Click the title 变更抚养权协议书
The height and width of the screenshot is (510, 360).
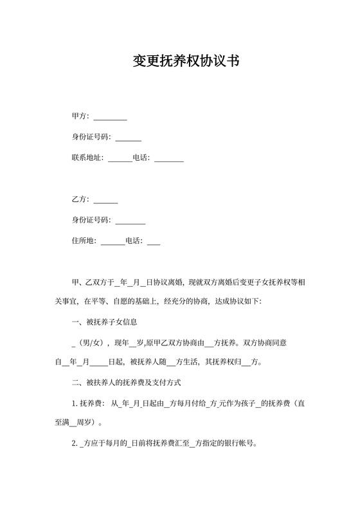point(179,61)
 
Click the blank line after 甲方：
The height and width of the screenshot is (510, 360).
point(111,118)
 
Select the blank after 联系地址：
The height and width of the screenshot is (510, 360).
point(120,158)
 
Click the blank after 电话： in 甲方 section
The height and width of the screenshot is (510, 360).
point(169,158)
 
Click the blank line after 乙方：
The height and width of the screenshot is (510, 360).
point(106,201)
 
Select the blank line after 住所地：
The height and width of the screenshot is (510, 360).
point(113,242)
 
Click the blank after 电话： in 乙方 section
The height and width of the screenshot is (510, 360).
point(154,242)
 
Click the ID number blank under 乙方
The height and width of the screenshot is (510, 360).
point(130,221)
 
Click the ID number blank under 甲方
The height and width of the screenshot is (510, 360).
point(129,138)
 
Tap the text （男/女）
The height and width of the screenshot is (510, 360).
point(93,342)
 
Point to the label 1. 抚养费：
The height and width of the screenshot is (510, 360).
point(88,403)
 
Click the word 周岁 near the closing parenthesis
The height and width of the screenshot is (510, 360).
point(86,423)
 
